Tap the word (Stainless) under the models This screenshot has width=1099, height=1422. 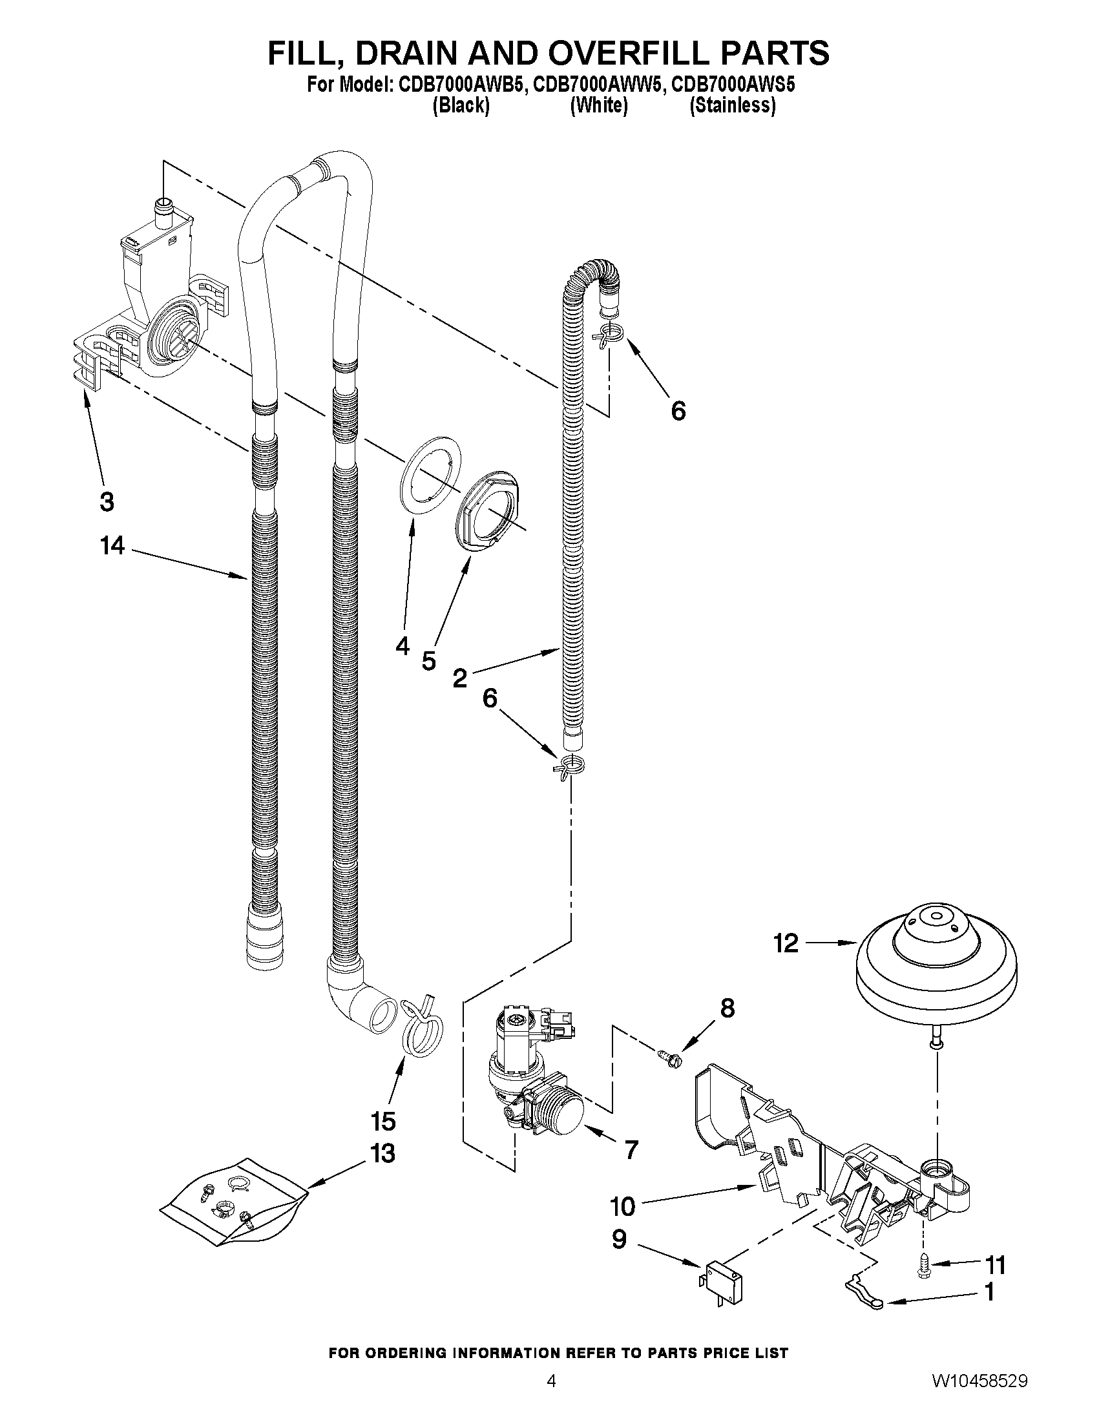click(733, 105)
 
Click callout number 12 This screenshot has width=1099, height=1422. click(786, 943)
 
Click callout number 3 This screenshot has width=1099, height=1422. click(107, 501)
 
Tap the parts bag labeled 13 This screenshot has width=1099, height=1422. click(235, 1204)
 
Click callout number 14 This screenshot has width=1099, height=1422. click(112, 545)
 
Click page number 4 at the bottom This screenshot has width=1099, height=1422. click(551, 1397)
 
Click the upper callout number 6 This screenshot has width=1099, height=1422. click(678, 411)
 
